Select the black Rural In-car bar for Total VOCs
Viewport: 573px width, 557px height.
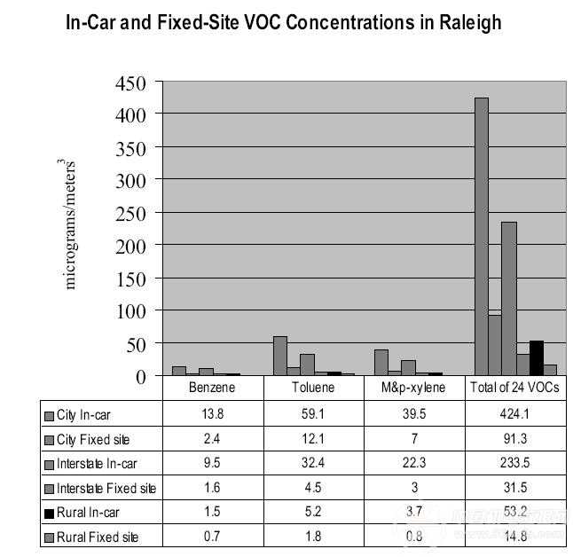click(536, 357)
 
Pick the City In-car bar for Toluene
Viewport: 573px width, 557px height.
click(280, 356)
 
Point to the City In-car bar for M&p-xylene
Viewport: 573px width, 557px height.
click(381, 362)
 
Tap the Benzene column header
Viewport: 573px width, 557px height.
click(213, 388)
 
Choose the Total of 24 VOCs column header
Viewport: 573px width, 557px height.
click(515, 388)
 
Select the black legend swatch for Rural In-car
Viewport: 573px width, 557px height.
click(50, 513)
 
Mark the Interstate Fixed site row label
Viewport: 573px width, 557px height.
click(106, 488)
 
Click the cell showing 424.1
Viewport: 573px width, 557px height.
click(515, 414)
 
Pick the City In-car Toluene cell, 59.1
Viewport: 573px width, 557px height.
click(314, 414)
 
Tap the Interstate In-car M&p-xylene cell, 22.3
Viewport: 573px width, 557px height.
click(415, 463)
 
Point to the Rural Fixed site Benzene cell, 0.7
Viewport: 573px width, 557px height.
click(213, 537)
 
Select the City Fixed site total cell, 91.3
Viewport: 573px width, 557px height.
click(515, 438)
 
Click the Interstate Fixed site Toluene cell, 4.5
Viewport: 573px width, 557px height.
click(314, 488)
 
